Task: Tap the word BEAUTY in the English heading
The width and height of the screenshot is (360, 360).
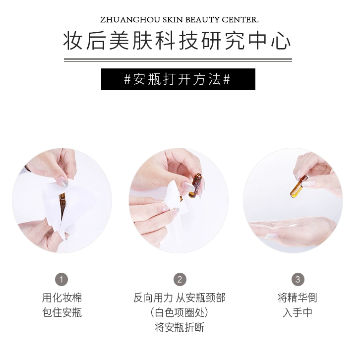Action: point(202,20)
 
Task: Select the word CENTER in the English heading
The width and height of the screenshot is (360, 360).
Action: point(240,20)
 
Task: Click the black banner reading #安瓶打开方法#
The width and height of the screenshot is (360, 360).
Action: point(178,79)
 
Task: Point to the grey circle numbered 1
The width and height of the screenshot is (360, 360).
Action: point(61,279)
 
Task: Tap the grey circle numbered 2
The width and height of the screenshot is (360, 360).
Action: point(180,279)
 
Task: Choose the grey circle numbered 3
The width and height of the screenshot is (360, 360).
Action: point(298,279)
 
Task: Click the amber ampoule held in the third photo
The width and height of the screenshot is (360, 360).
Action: point(299,186)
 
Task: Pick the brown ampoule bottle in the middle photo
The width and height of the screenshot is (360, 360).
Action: point(195,185)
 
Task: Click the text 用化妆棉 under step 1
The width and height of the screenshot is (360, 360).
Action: point(62,298)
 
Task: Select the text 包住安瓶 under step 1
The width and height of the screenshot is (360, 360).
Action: point(62,312)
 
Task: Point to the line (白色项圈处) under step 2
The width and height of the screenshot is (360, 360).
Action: point(180,312)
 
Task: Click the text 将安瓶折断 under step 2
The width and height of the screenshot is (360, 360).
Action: point(180,327)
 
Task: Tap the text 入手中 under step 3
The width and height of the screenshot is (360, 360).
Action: point(298,312)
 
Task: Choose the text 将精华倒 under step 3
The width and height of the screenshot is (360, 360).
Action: point(298,298)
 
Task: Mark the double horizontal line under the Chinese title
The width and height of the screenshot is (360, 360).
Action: point(178,60)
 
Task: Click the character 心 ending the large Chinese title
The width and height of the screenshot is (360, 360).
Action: point(281,41)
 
